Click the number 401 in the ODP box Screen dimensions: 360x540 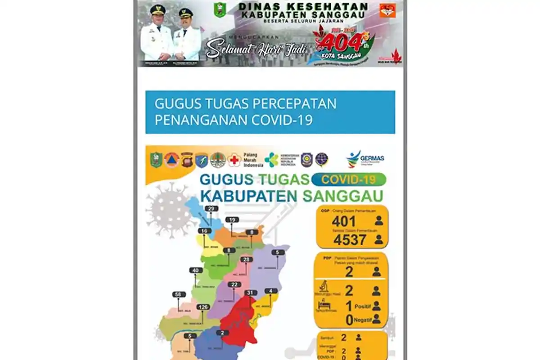(x=344, y=221)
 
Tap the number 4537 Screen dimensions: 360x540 (x=350, y=240)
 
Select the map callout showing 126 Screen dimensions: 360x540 (x=203, y=307)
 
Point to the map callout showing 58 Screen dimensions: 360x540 (x=179, y=294)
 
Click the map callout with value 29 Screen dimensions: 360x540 (x=211, y=208)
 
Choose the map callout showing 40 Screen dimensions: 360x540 (x=194, y=270)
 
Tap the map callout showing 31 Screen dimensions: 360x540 (x=250, y=292)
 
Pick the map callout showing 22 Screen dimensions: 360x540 (x=234, y=284)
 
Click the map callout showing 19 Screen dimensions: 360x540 (x=232, y=220)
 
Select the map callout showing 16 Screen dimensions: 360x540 (x=204, y=231)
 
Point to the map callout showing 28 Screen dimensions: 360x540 (x=246, y=260)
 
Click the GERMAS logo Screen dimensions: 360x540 (x=365, y=159)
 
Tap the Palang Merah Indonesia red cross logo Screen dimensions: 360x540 (x=234, y=160)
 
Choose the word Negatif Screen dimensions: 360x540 (x=362, y=319)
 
